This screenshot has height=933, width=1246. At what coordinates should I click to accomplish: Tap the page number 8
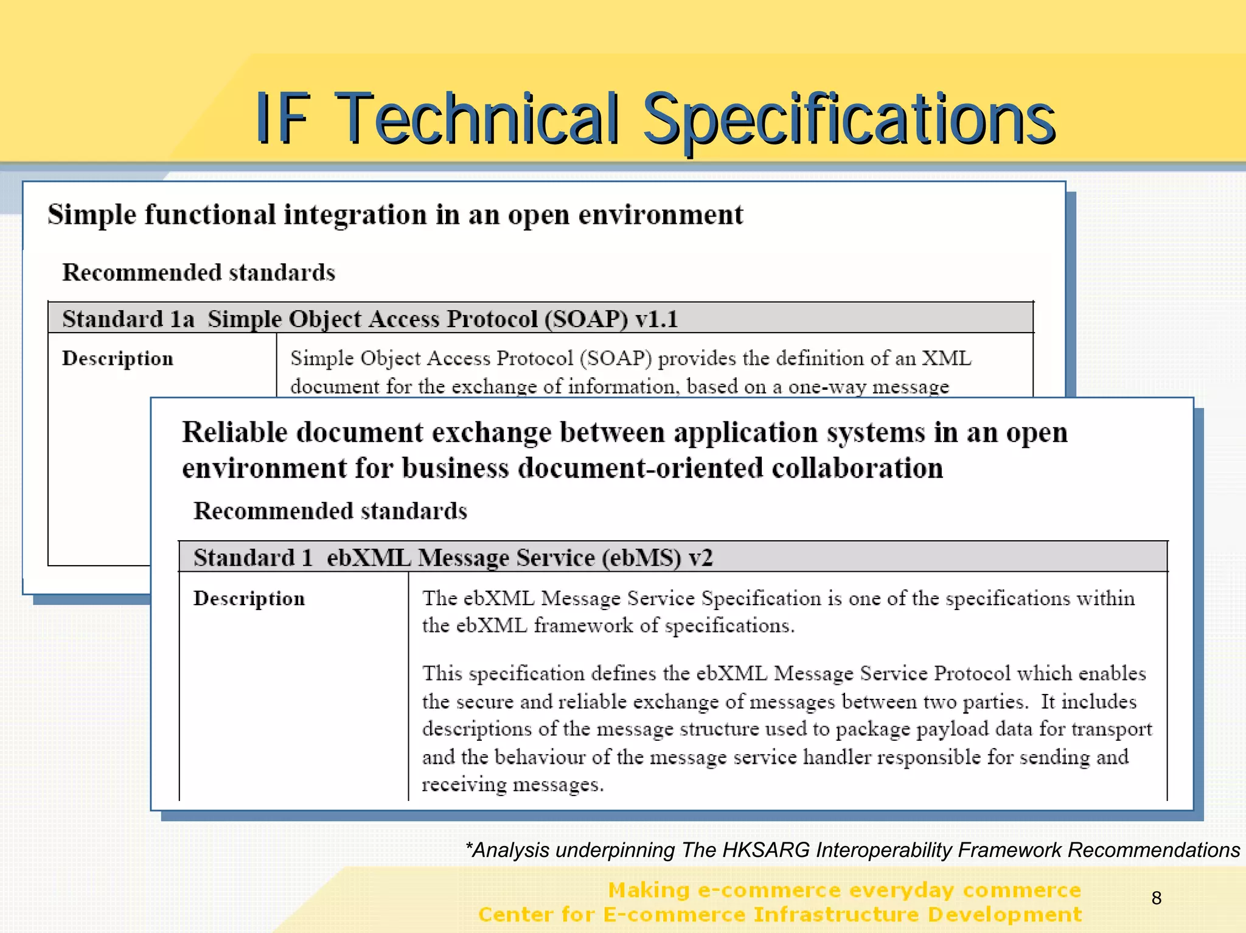click(x=1157, y=898)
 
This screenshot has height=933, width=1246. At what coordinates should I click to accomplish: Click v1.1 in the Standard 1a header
click(x=656, y=319)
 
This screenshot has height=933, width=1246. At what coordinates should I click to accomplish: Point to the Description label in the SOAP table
click(x=117, y=359)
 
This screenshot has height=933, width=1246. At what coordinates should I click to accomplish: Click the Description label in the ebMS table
click(x=249, y=599)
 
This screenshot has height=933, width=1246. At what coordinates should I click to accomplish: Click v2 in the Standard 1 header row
click(x=700, y=558)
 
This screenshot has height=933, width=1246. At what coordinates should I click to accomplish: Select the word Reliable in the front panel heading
click(x=234, y=432)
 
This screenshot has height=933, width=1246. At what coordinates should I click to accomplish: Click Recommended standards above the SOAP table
click(x=198, y=272)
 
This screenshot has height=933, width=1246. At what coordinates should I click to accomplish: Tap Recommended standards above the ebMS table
click(x=330, y=511)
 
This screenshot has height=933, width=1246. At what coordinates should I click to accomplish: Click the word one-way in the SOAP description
click(x=827, y=387)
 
